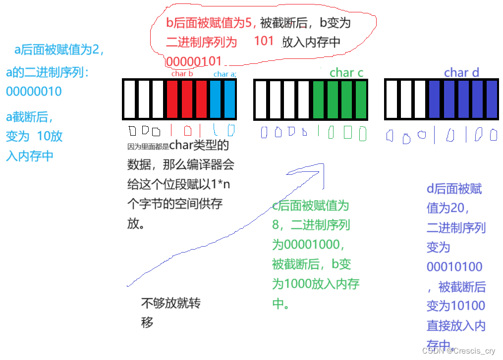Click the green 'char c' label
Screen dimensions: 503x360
pos(346,73)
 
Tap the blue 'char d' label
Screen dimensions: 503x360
pos(461,73)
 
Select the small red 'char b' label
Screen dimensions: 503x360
pos(182,74)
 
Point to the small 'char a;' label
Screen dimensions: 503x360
pos(224,74)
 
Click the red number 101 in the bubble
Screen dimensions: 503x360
pos(264,41)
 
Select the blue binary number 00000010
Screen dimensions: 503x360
pos(34,92)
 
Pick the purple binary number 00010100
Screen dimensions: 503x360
pos(454,267)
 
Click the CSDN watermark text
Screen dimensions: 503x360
pos(460,351)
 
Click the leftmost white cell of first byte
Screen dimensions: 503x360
pos(130,99)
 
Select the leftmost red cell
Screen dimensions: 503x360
pos(172,99)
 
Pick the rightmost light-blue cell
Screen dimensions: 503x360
pos(229,99)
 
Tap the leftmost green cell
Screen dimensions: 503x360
pos(319,99)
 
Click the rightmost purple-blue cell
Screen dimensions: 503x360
pos(492,99)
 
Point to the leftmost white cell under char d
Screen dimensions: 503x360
pos(391,99)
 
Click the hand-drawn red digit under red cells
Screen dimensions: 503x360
pos(187,131)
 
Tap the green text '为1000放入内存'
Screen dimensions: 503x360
pos(315,284)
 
